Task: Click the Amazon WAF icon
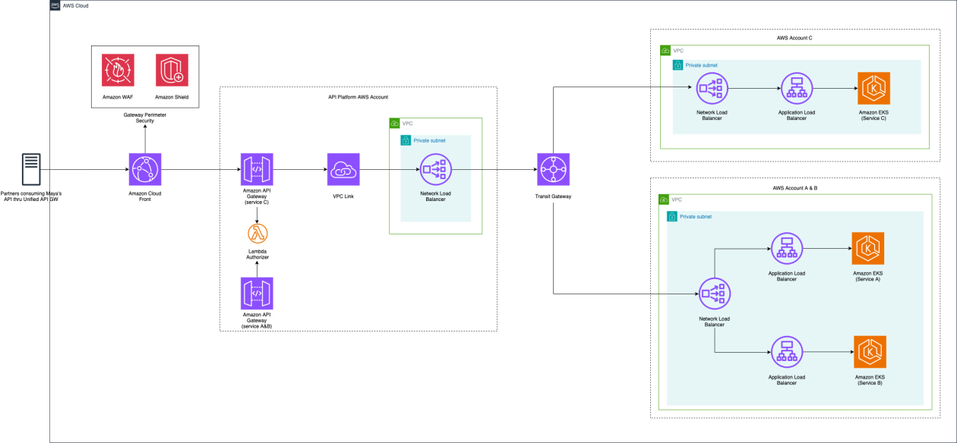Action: [x=118, y=70]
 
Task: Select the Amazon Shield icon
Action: [x=171, y=70]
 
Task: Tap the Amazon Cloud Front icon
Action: [x=144, y=169]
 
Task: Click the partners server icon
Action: [x=32, y=169]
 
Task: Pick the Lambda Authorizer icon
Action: [x=257, y=233]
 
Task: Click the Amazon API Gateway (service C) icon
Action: [x=257, y=169]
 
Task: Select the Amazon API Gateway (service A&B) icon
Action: [x=257, y=293]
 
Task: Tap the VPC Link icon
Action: [x=343, y=169]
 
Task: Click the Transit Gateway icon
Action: [x=553, y=169]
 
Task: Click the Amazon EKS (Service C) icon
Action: [x=873, y=89]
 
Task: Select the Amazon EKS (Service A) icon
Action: [x=867, y=248]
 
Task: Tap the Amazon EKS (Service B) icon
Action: [x=869, y=351]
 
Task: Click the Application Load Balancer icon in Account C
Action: [x=796, y=89]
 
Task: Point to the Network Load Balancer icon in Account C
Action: [x=712, y=89]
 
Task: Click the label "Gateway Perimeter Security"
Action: [x=144, y=118]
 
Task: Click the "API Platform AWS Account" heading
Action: [x=357, y=97]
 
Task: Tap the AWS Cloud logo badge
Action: [x=55, y=5]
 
